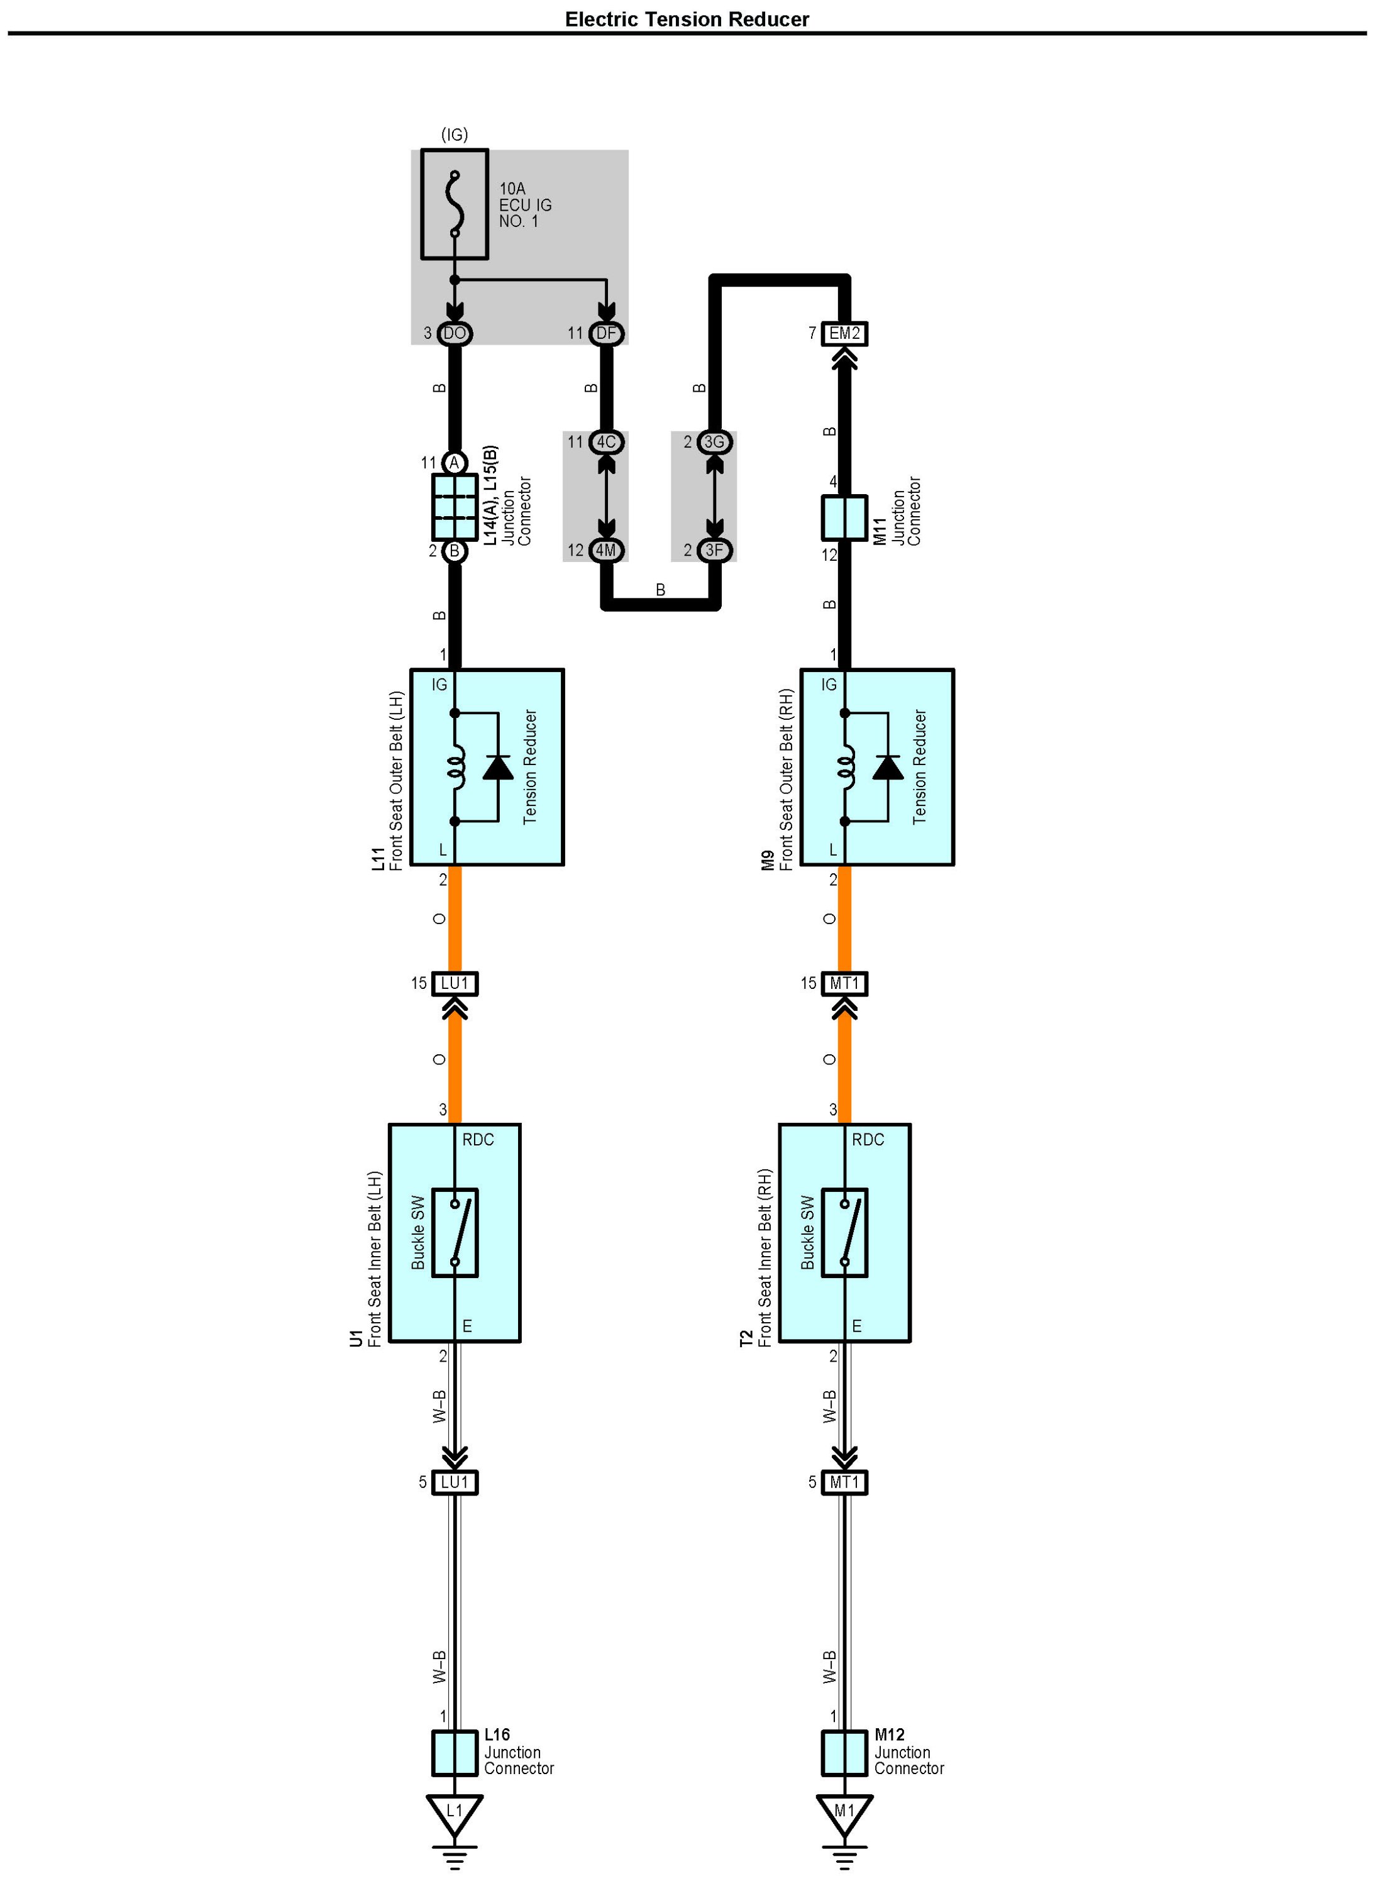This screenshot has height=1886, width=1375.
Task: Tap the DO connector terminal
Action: point(455,334)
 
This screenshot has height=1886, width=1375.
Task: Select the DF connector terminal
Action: point(606,334)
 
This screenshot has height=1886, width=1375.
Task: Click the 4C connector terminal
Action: point(606,442)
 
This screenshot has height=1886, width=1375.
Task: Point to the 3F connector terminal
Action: point(714,550)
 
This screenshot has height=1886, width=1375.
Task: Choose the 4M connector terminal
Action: point(606,550)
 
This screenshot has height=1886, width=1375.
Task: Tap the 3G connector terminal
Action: point(714,442)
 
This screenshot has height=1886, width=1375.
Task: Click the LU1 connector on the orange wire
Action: point(455,983)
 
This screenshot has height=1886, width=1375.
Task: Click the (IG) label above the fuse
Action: point(455,134)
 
